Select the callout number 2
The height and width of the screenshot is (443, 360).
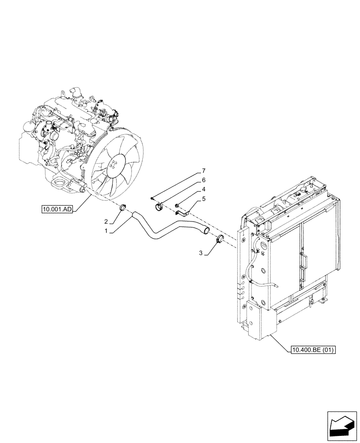[x=106, y=221]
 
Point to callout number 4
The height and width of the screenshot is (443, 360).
[x=204, y=190]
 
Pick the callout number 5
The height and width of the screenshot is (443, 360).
[x=203, y=199]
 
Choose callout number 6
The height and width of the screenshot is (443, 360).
[x=203, y=180]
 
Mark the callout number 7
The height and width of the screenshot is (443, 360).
[x=203, y=171]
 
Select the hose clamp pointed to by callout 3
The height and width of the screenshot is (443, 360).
[x=219, y=240]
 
